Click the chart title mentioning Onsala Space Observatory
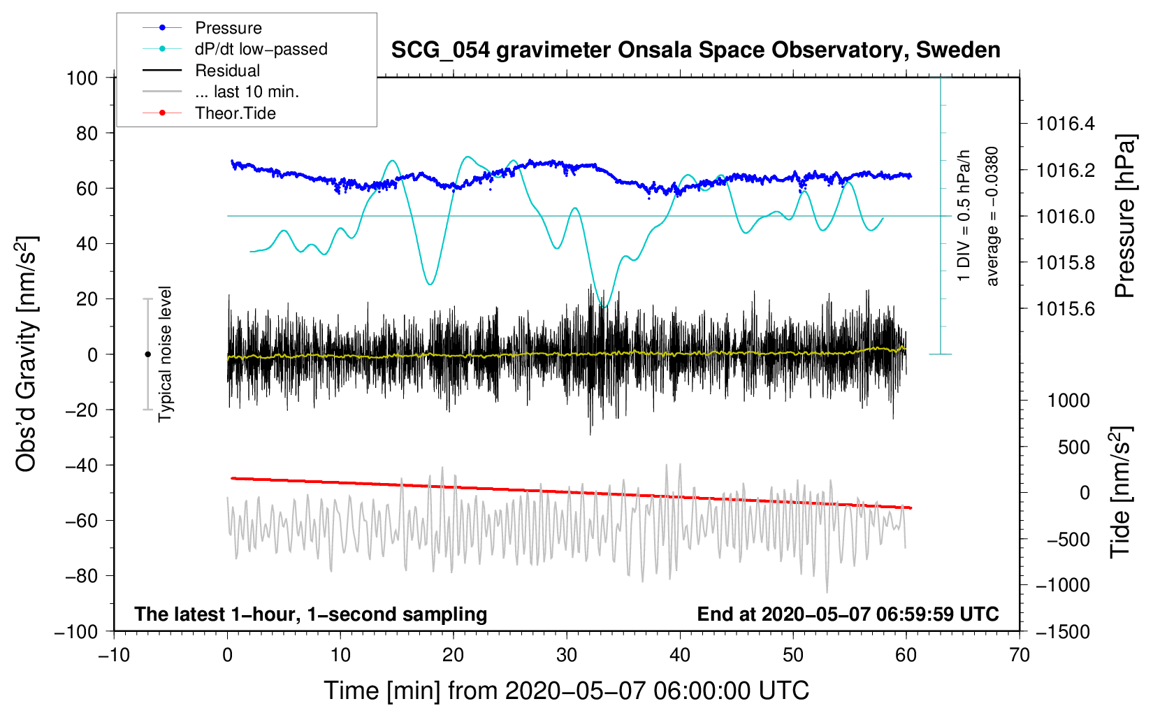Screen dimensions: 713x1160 click(695, 50)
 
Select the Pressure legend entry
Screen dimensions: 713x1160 click(228, 28)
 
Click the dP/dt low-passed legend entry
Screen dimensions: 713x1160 click(261, 49)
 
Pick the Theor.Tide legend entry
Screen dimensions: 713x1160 click(235, 113)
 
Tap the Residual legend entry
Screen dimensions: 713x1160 click(227, 71)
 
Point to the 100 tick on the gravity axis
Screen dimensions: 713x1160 click(82, 78)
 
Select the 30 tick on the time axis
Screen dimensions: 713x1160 click(567, 655)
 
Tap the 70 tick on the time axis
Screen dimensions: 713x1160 click(1020, 655)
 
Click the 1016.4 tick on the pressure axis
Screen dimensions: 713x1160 click(1066, 124)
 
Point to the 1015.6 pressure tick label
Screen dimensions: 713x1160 click(1066, 309)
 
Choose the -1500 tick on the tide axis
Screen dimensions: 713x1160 click(1063, 632)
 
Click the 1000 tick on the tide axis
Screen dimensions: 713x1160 click(1068, 401)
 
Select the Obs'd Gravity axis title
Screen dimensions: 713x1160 click(27, 354)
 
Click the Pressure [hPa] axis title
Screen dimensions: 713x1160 click(1124, 217)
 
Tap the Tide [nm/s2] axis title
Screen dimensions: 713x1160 click(1120, 493)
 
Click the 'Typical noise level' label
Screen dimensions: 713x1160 click(165, 354)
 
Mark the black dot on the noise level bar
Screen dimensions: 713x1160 click(147, 354)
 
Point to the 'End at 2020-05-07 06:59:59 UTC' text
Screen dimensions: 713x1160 click(848, 614)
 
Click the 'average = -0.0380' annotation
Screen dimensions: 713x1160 click(992, 217)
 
